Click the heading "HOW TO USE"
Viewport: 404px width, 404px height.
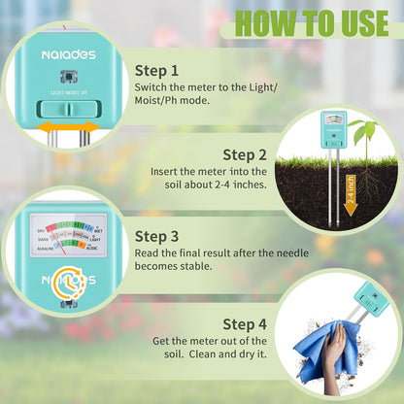(x=310, y=22)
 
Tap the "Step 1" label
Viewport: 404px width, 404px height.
(x=157, y=70)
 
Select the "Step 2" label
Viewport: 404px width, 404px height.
(x=246, y=153)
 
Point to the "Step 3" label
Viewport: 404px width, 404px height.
(x=157, y=235)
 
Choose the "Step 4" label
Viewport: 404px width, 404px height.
(x=246, y=322)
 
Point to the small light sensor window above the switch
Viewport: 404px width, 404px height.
(x=66, y=77)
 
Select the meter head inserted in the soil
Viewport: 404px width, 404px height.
(x=332, y=126)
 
